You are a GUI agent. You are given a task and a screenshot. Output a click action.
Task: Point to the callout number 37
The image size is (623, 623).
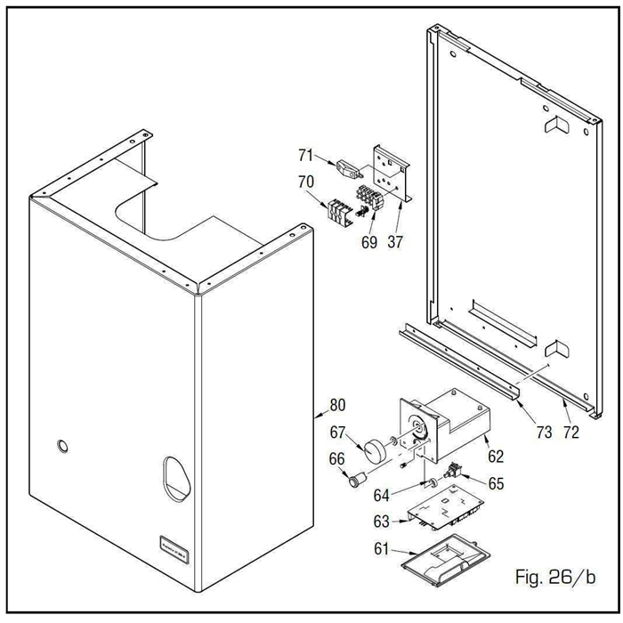pos(394,241)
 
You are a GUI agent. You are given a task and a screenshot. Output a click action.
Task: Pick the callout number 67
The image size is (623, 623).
pos(337,433)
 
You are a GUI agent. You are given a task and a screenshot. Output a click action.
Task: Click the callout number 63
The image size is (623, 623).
pos(380,522)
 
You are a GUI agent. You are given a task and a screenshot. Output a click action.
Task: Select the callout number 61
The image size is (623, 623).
pos(380,551)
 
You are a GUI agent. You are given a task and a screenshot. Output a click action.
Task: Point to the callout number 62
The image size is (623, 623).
pos(496,457)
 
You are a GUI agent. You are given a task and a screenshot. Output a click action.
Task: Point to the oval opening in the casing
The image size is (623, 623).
pos(176,479)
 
